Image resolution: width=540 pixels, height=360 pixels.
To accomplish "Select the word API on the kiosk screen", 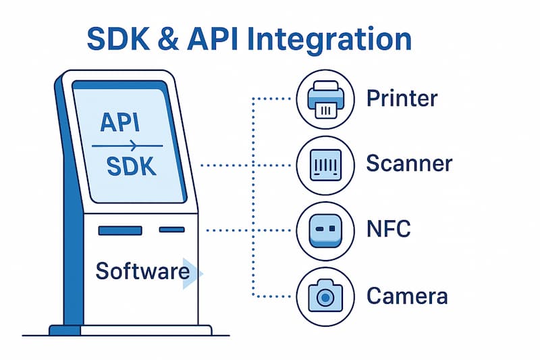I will click(x=120, y=123).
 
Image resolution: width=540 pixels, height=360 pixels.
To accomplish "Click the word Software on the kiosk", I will click(x=142, y=271).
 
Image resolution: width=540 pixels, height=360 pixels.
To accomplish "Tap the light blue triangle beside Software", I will click(x=192, y=274).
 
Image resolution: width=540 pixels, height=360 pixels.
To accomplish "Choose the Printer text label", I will click(x=402, y=99).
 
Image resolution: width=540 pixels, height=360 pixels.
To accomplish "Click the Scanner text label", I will click(x=409, y=163).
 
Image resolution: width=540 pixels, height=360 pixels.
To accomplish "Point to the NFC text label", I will click(x=389, y=229).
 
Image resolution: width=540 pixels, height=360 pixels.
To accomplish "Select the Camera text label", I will click(x=407, y=296).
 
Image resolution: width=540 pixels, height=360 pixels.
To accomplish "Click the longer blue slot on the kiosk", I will click(x=120, y=230).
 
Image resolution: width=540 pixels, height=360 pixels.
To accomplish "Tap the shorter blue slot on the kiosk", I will click(x=171, y=230).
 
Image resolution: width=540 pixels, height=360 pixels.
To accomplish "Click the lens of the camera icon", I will click(x=325, y=297).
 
